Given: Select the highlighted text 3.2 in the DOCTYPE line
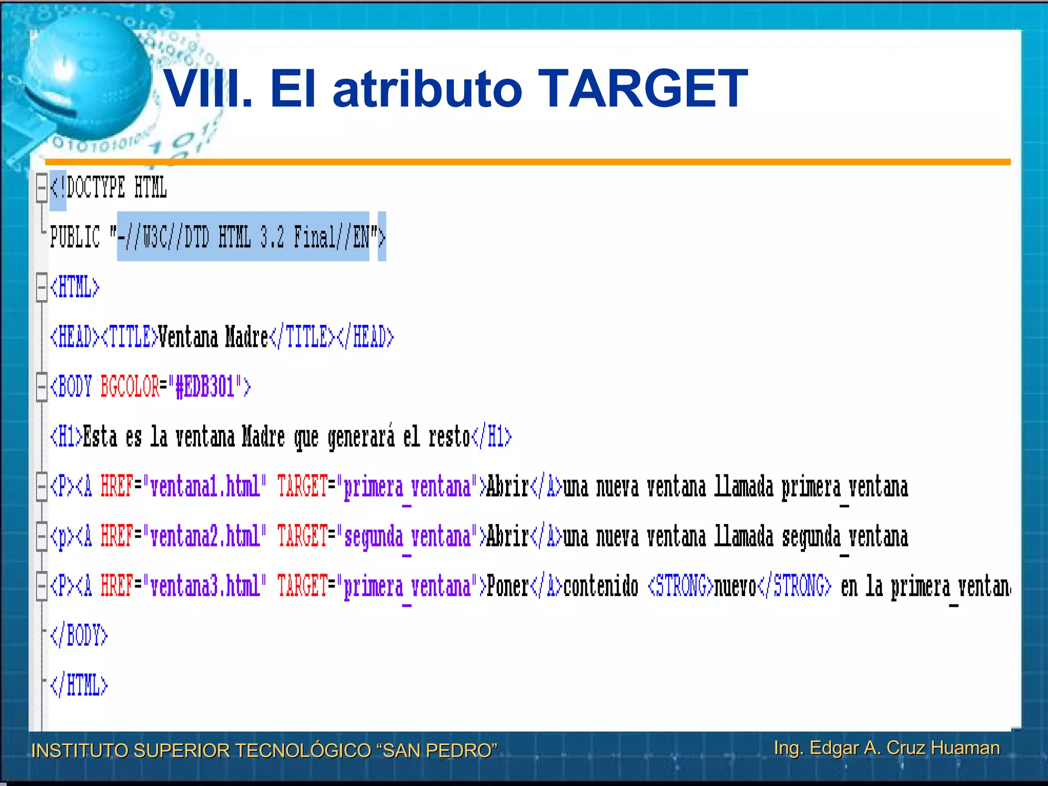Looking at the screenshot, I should (272, 237).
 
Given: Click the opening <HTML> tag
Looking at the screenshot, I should (75, 287).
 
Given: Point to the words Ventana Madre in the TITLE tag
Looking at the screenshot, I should (213, 337).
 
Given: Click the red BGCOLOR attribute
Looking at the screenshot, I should (130, 386).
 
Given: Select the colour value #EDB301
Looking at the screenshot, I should (204, 386).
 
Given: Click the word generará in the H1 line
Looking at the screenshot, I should (361, 436).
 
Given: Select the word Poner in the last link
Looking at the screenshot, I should (507, 586).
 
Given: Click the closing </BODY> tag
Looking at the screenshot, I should (79, 636).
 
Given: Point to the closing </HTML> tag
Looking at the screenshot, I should (79, 685).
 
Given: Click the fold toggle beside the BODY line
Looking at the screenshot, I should (41, 387).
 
